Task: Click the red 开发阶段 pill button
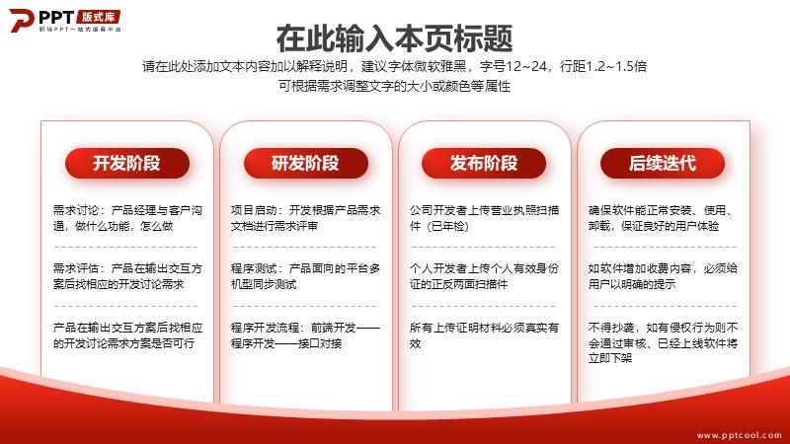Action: pyautogui.click(x=127, y=163)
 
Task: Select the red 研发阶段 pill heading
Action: pyautogui.click(x=306, y=163)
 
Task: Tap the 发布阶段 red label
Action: pyautogui.click(x=484, y=163)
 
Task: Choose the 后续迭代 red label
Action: pyautogui.click(x=663, y=163)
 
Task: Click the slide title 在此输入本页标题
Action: pyautogui.click(x=394, y=38)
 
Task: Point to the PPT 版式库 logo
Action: pyautogui.click(x=65, y=20)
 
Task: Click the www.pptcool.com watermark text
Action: pyautogui.click(x=739, y=435)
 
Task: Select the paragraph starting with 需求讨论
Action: pyautogui.click(x=128, y=218)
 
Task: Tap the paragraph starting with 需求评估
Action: pyautogui.click(x=128, y=276)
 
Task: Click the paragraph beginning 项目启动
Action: pyautogui.click(x=306, y=218)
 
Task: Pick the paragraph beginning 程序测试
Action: pyautogui.click(x=306, y=276)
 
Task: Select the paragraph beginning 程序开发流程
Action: pyautogui.click(x=306, y=335)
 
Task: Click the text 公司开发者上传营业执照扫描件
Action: pyautogui.click(x=484, y=218)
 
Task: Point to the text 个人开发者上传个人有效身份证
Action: pyautogui.click(x=484, y=276)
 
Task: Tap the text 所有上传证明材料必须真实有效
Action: pyautogui.click(x=484, y=335)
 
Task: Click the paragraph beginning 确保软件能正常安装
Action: pyautogui.click(x=663, y=218)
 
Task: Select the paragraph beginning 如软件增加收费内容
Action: pyautogui.click(x=663, y=276)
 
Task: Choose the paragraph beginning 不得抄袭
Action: pyautogui.click(x=663, y=342)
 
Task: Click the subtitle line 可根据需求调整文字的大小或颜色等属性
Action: pyautogui.click(x=394, y=86)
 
